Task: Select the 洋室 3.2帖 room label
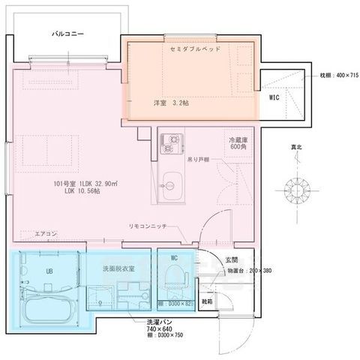point(171,103)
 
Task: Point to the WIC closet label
point(274,97)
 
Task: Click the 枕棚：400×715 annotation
point(339,75)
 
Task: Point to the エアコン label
point(46,234)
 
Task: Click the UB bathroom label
point(49,270)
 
